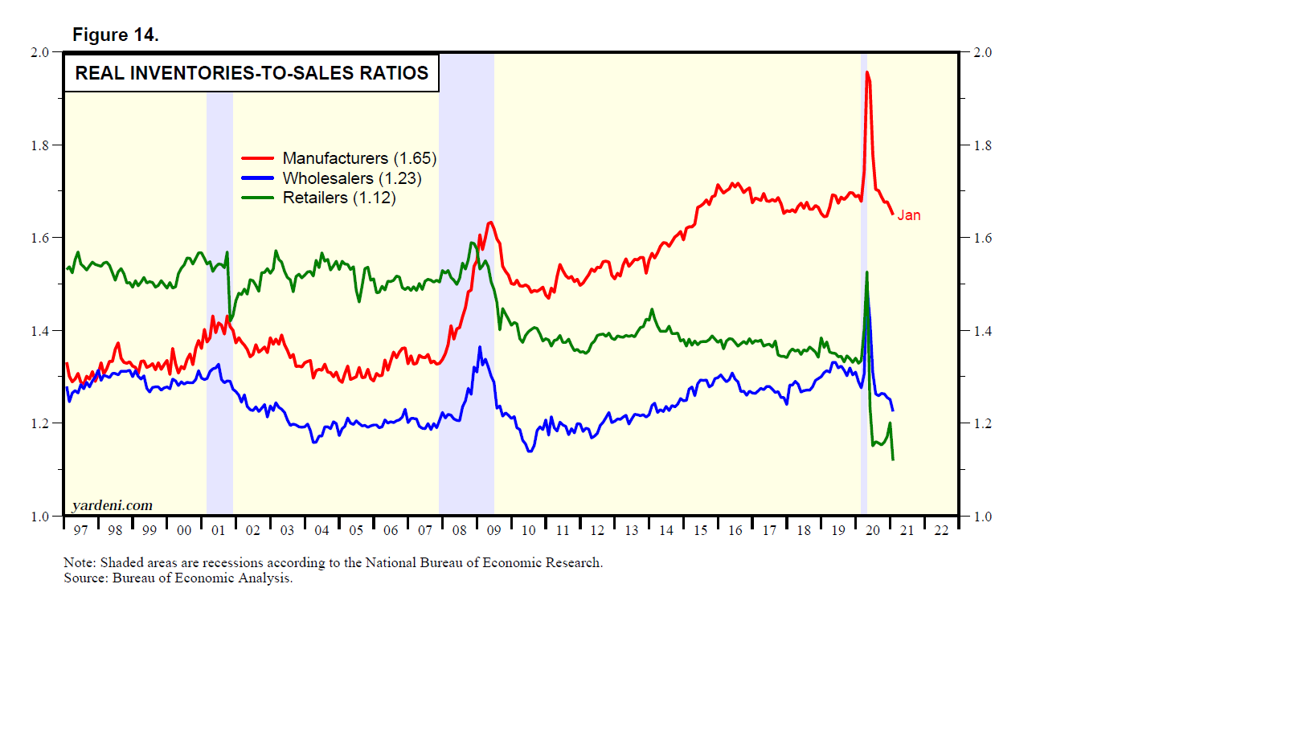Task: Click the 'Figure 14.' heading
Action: click(x=116, y=35)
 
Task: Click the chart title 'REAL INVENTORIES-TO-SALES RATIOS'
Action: click(x=252, y=73)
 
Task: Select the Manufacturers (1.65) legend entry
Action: click(x=358, y=158)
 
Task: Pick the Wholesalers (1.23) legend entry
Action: click(x=351, y=178)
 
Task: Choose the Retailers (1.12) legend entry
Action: click(x=338, y=198)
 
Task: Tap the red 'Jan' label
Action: click(x=909, y=215)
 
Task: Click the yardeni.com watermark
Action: click(x=112, y=505)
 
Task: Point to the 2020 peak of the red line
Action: click(x=866, y=72)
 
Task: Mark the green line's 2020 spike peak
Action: click(x=866, y=272)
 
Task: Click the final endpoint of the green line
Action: click(x=893, y=459)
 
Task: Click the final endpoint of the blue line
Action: click(x=893, y=410)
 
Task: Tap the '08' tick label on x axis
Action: click(x=460, y=530)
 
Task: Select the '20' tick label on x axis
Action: click(x=873, y=530)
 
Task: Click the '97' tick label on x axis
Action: click(x=80, y=530)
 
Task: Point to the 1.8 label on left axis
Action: click(x=40, y=145)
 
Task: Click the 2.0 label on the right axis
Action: click(x=982, y=53)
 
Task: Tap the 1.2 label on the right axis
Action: click(x=982, y=423)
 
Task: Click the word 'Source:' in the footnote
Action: click(x=86, y=578)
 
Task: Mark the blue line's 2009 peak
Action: click(x=480, y=347)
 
